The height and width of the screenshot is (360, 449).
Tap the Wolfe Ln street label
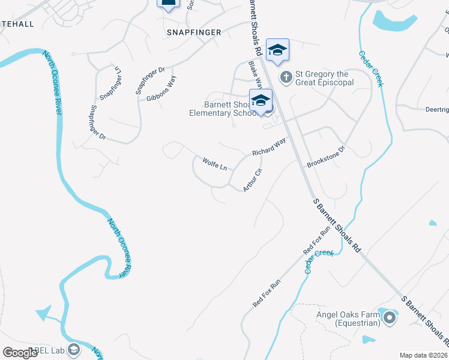[x=214, y=163]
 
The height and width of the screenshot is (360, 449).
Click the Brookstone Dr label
[x=327, y=157]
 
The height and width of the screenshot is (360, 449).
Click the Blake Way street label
[x=256, y=74]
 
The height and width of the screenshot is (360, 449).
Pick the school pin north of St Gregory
[x=277, y=50]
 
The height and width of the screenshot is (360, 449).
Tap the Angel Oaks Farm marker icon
[x=390, y=317]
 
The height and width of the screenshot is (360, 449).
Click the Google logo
[x=20, y=353]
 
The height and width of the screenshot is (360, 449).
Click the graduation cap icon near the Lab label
[x=74, y=350]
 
